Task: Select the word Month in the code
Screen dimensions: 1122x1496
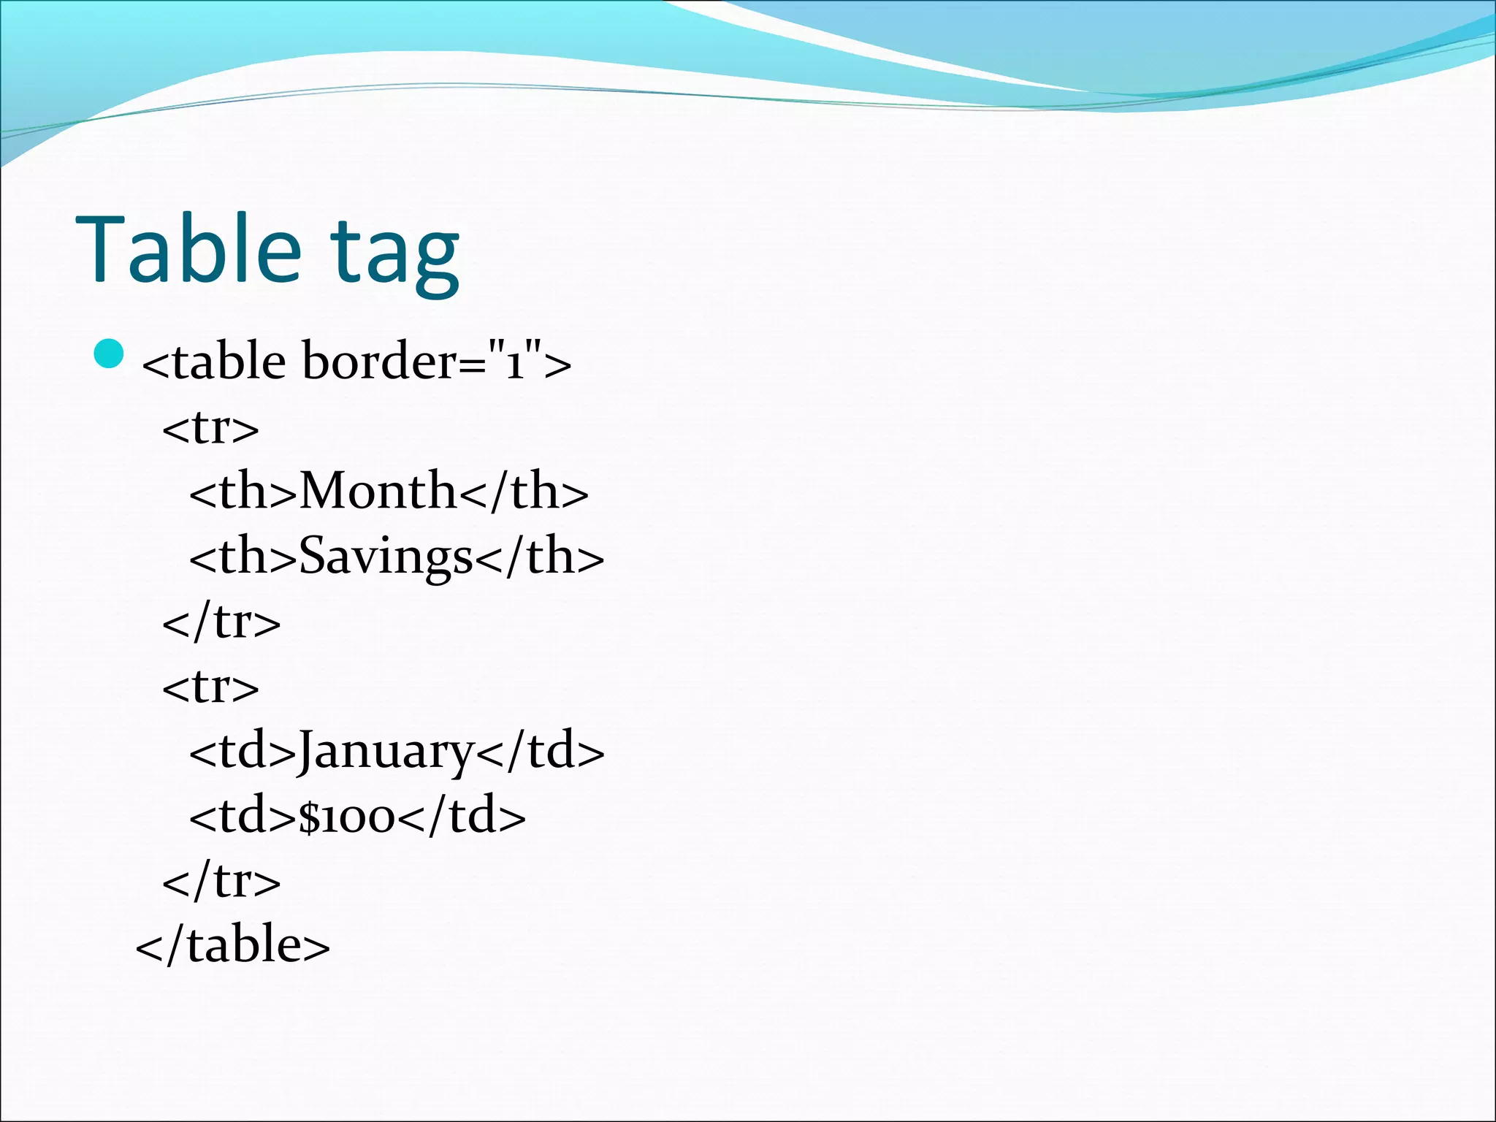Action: coord(378,490)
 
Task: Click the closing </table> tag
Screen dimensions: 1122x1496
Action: coord(233,944)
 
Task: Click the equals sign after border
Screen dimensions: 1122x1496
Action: coord(472,363)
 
